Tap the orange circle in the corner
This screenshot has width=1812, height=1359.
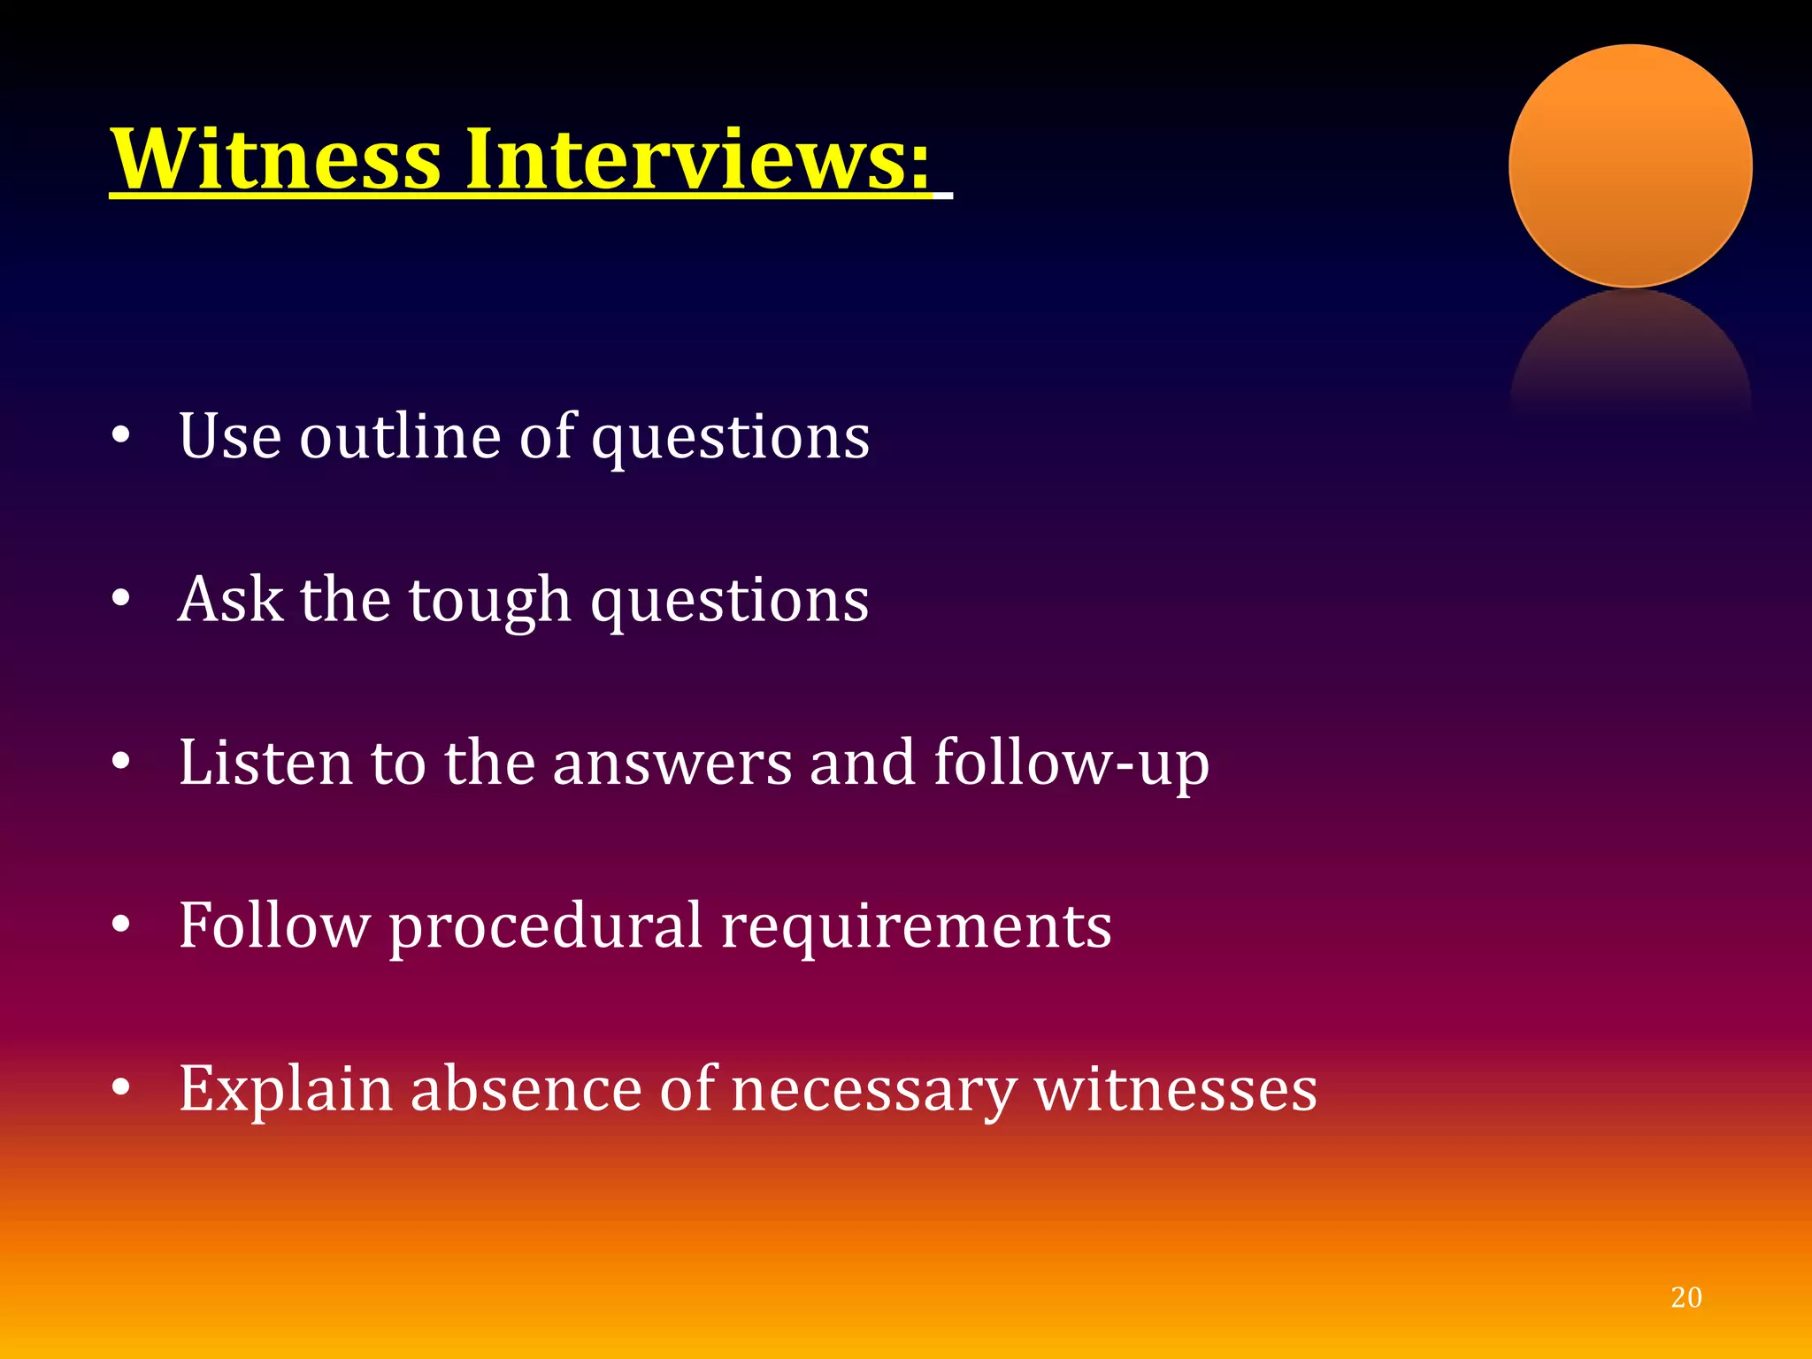click(1630, 166)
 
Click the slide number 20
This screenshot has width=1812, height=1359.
click(1685, 1297)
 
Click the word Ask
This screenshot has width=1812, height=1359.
click(230, 600)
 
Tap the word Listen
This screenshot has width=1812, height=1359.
click(266, 763)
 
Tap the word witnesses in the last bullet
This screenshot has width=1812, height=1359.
click(1176, 1090)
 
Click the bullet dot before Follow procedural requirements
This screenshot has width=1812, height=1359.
click(121, 925)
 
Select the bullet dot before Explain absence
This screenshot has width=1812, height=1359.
click(121, 1087)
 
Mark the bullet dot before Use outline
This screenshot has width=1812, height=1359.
click(121, 435)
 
